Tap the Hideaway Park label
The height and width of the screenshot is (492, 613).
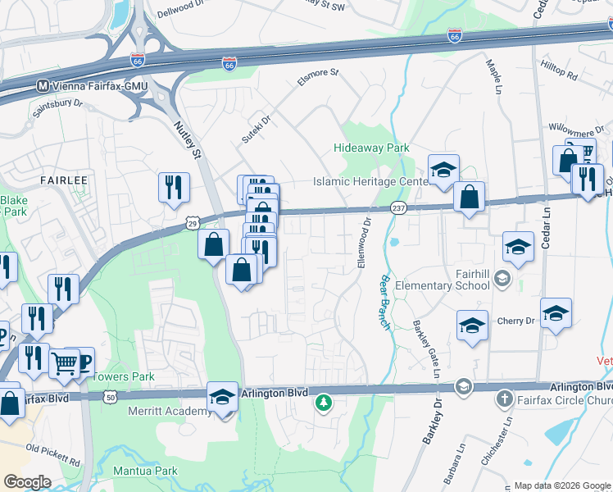371,148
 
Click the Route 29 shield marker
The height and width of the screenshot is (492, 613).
193,222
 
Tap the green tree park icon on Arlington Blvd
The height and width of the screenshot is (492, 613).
325,403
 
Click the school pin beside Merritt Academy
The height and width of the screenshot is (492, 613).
221,399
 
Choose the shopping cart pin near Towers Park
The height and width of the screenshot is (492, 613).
65,362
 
